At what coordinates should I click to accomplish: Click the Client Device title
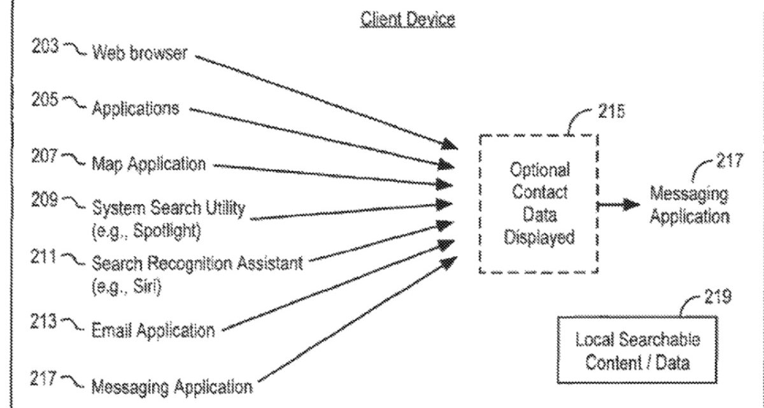[407, 19]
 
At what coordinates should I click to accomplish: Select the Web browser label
[140, 52]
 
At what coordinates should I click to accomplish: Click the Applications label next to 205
[135, 108]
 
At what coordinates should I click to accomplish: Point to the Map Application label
[149, 164]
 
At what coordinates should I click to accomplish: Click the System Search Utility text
[169, 208]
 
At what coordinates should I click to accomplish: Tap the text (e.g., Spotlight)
[146, 231]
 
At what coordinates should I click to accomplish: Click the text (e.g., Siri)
[127, 286]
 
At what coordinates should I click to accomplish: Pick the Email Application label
[153, 331]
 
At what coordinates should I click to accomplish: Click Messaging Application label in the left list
[172, 386]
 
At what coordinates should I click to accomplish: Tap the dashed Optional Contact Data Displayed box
[539, 204]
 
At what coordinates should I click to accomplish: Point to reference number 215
[611, 113]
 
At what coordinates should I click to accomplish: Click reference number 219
[719, 296]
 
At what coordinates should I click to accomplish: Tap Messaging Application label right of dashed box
[690, 205]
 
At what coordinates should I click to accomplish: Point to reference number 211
[45, 257]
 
